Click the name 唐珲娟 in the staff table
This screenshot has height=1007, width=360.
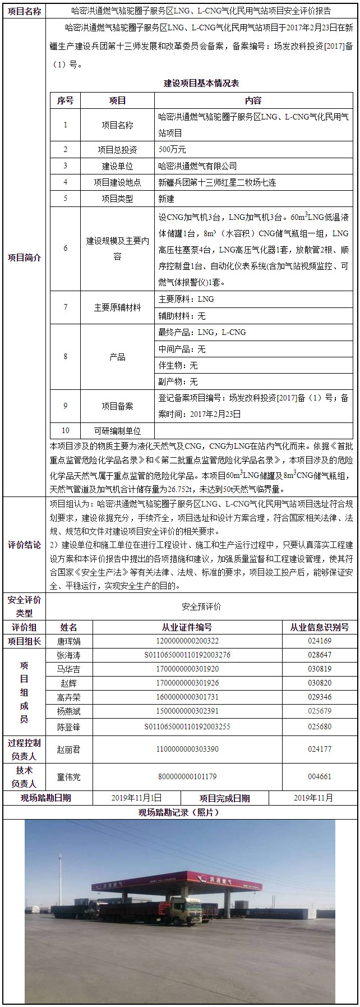(69, 641)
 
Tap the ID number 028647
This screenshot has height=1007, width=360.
(320, 655)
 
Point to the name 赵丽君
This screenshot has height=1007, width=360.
(69, 749)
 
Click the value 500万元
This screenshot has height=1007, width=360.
(172, 150)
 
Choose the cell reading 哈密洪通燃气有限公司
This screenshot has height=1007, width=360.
(197, 166)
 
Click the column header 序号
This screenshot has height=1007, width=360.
(65, 101)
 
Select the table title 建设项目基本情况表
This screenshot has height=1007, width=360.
(201, 83)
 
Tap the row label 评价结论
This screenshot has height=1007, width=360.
(24, 545)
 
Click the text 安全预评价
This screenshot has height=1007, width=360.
(201, 606)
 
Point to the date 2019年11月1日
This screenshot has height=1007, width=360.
(136, 798)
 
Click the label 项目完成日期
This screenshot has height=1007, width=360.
(225, 798)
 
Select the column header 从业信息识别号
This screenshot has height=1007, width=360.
(320, 627)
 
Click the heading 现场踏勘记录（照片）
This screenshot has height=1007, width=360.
(179, 812)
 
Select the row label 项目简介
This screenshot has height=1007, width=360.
(24, 258)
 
